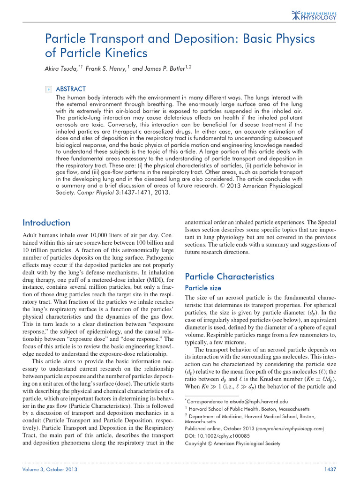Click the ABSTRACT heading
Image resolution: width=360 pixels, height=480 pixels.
pyautogui.click(x=71, y=89)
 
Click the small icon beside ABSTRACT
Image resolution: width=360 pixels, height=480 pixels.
pyautogui.click(x=48, y=89)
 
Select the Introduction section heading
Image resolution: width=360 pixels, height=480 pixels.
pyautogui.click(x=46, y=223)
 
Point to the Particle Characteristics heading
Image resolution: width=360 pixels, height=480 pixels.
pyautogui.click(x=230, y=277)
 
